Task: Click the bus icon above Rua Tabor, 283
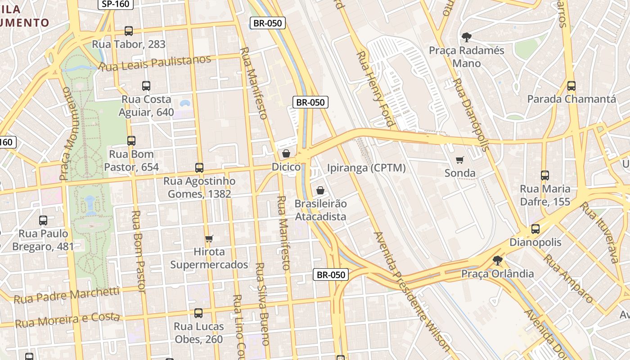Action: tap(129, 31)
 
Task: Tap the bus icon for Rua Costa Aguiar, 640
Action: tap(146, 86)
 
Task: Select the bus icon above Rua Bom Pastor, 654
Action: tap(131, 141)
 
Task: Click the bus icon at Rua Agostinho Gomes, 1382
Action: tap(199, 168)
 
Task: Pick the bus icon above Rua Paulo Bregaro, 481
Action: tap(43, 220)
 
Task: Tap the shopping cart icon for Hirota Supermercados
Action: tap(209, 238)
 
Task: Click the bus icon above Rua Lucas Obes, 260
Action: tap(198, 313)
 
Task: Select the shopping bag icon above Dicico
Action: tap(286, 154)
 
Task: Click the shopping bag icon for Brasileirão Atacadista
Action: tap(320, 190)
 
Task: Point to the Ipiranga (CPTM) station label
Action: tap(366, 168)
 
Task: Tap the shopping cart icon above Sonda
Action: tap(460, 160)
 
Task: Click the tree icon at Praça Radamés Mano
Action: tap(467, 37)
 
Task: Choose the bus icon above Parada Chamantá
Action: tap(571, 86)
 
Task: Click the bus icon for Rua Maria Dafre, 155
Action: tap(545, 175)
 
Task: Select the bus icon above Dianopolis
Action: tap(535, 229)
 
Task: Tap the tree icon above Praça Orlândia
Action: tap(498, 260)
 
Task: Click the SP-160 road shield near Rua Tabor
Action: tap(115, 4)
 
